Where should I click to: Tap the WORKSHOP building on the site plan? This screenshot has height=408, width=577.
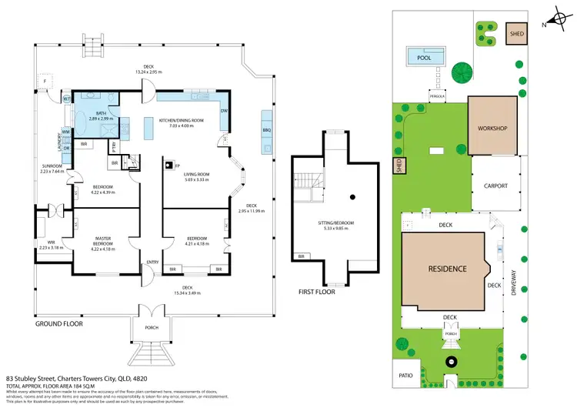(492, 127)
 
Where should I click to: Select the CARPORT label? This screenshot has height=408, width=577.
(496, 186)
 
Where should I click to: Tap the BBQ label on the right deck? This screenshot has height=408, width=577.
(267, 130)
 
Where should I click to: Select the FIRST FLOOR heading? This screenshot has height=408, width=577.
(317, 293)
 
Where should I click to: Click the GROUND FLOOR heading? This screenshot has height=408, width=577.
(59, 323)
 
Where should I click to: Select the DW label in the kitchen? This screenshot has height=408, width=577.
(223, 111)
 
